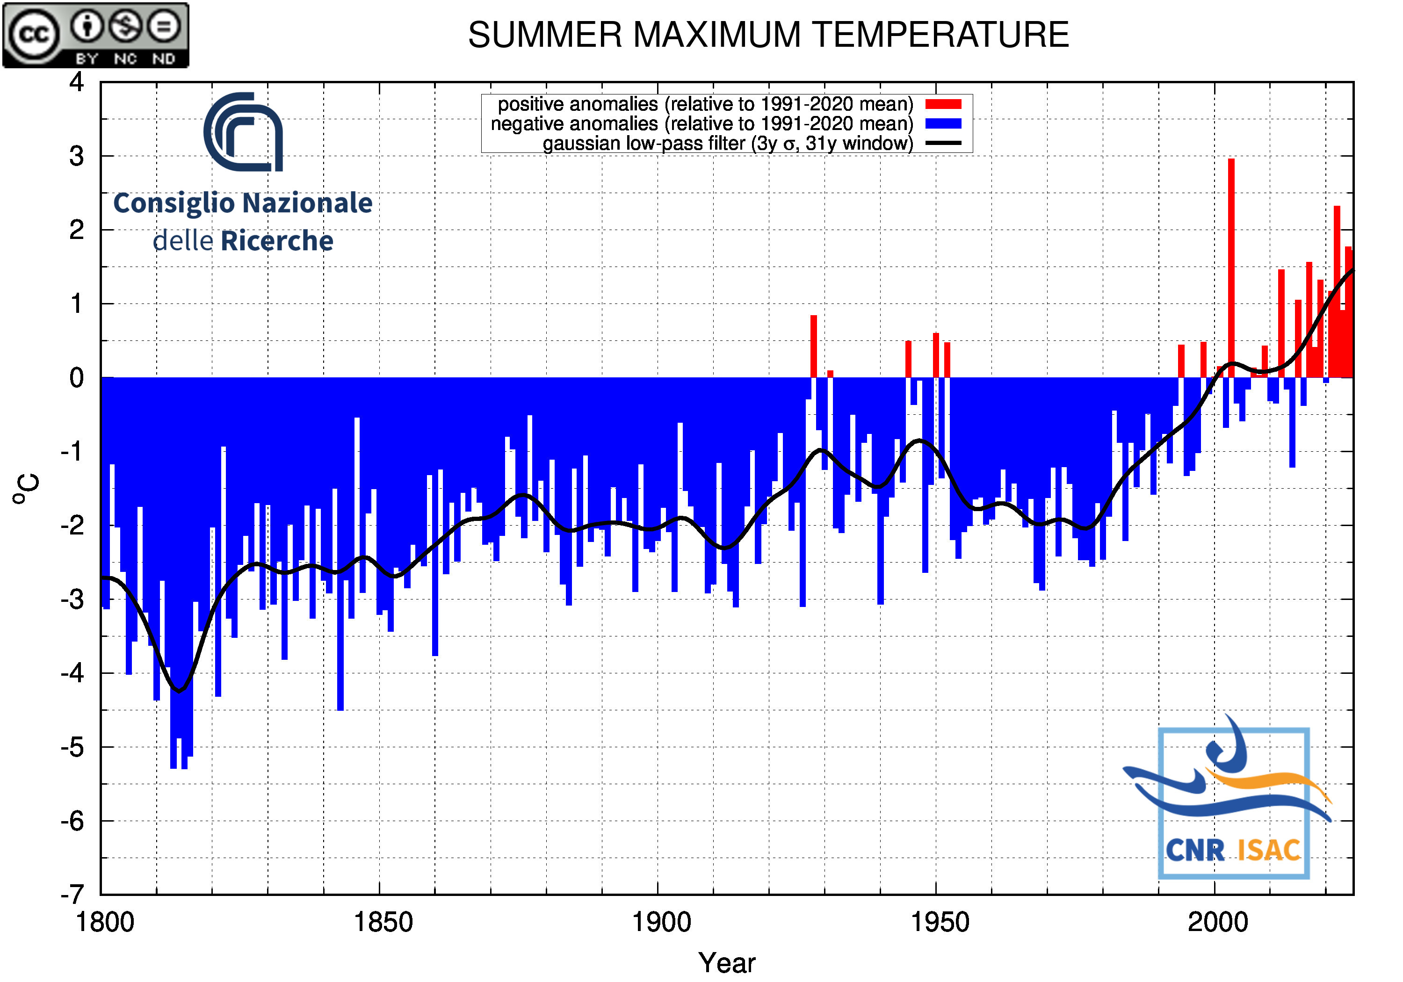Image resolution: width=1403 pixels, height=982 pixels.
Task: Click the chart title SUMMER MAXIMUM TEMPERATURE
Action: coord(767,34)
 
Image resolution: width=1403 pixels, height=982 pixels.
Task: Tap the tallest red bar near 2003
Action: coord(1231,263)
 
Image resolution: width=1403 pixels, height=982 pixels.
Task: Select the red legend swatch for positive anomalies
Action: coord(943,104)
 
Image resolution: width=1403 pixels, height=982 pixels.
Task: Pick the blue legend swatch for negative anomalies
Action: coord(943,123)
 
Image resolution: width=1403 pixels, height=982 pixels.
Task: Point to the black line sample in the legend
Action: coord(943,144)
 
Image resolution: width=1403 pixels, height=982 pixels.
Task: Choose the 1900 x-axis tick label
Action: coord(661,922)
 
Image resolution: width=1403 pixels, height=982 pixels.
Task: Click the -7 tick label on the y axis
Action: coord(72,895)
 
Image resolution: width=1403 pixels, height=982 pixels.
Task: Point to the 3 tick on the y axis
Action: coord(76,157)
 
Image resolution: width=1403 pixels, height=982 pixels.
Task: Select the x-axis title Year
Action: coord(727,963)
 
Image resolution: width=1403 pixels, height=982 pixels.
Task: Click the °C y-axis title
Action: coord(26,488)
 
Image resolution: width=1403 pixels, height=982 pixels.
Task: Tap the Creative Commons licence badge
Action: coord(96,35)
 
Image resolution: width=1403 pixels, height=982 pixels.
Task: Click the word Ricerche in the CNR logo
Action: coord(277,241)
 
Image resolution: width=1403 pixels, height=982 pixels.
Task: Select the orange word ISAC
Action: coord(1269,850)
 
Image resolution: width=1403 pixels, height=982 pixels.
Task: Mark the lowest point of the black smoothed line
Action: coord(179,691)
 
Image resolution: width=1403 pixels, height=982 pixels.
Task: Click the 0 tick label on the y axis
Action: coord(76,378)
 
